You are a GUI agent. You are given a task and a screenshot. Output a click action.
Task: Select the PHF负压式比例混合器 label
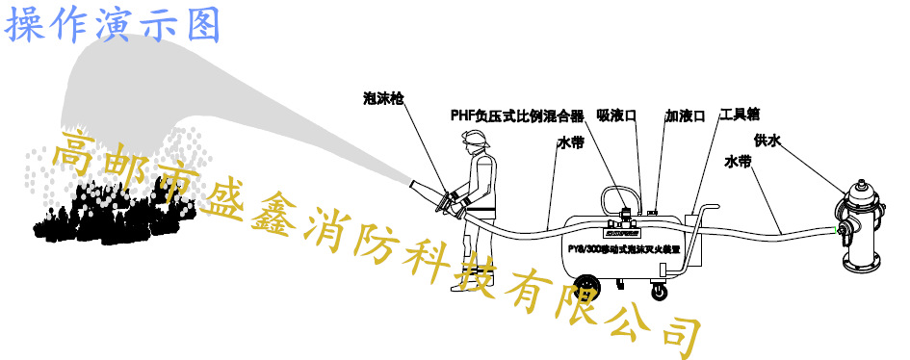pyautogui.click(x=517, y=116)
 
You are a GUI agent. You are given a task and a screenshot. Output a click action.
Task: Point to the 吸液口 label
pyautogui.click(x=617, y=116)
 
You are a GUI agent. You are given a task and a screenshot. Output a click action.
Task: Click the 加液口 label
pyautogui.click(x=685, y=116)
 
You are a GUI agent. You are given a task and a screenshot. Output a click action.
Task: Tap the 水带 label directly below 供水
pyautogui.click(x=739, y=163)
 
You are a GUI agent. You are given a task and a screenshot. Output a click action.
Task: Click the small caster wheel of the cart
pyautogui.click(x=660, y=290)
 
